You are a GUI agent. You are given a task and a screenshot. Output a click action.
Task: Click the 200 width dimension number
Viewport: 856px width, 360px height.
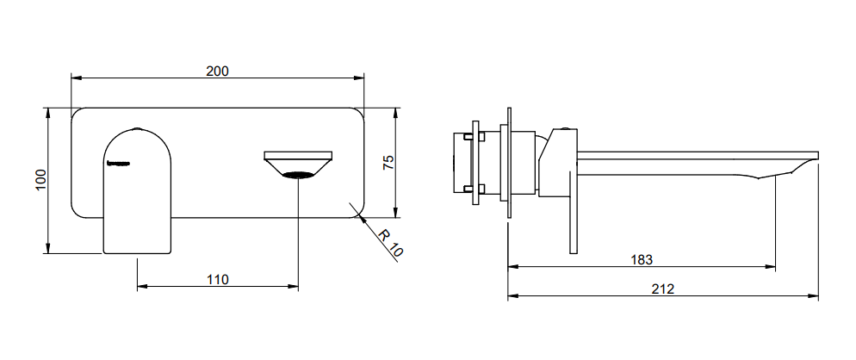[217, 71]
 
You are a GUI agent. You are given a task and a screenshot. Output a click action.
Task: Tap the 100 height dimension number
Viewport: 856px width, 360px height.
[41, 180]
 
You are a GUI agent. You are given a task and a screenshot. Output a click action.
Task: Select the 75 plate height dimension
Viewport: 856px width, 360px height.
[388, 162]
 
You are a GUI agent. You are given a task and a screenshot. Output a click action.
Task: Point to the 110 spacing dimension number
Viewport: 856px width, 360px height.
[217, 280]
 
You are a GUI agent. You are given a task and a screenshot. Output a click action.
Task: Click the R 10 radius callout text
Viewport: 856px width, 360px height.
[390, 244]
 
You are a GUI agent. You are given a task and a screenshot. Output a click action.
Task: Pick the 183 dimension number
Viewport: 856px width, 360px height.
[642, 259]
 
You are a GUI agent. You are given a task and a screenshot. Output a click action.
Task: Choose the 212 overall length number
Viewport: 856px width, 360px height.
[663, 289]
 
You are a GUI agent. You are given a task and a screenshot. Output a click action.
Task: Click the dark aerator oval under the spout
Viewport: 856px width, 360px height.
[299, 175]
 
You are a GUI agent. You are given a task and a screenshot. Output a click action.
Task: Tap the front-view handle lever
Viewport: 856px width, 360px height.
[137, 191]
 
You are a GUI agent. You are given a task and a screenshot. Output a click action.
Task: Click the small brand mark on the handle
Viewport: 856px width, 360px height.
[119, 162]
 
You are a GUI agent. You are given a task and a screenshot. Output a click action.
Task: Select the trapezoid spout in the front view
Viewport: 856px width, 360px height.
[299, 164]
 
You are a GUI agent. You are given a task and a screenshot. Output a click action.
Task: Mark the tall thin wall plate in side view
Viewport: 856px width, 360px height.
[509, 162]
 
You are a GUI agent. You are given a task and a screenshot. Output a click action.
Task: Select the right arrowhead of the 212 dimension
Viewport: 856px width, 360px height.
[814, 296]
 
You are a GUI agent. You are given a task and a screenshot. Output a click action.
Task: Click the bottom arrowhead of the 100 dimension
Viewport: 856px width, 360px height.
[48, 249]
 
